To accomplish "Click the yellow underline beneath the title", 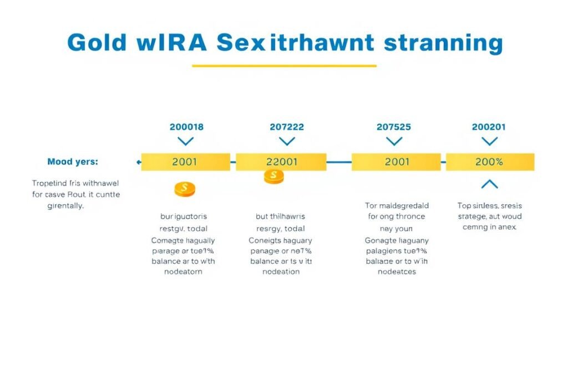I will [284, 66].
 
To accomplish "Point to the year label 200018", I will [186, 127].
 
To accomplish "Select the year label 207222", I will [287, 127].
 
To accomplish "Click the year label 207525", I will [394, 127].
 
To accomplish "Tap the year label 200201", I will [489, 127].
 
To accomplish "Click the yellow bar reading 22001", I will [281, 162].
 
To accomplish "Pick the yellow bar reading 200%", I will [490, 162].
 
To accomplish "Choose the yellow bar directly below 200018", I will [185, 162].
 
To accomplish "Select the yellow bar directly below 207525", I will [396, 162].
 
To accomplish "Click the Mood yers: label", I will [73, 162].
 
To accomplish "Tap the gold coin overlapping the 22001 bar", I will [273, 177].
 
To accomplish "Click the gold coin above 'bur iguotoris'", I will [185, 189].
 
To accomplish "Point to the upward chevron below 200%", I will [489, 184].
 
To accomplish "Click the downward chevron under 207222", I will [287, 142].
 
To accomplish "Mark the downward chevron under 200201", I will [489, 142].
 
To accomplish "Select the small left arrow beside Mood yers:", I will [138, 162].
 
